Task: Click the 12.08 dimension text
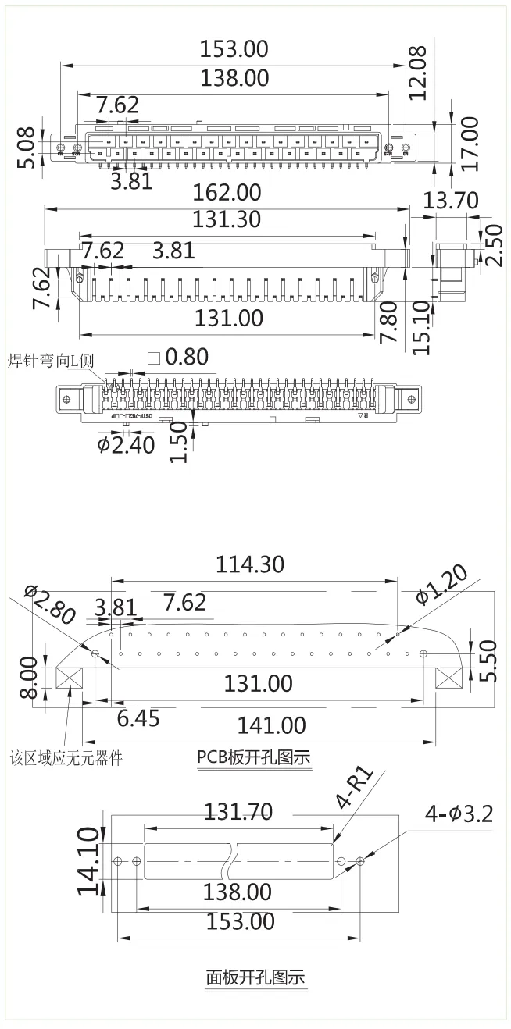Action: pos(419,75)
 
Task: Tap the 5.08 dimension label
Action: pos(28,148)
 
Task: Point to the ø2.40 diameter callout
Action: pos(126,445)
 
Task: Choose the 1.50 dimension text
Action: pos(179,442)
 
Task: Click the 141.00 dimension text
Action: pos(271,725)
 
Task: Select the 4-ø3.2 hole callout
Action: pos(459,814)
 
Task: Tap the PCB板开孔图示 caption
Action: pos(253,757)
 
